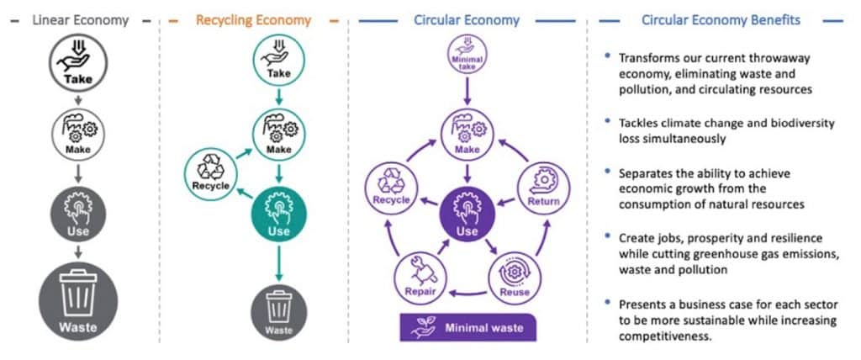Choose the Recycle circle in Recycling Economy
point(210,174)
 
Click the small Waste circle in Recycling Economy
point(279,312)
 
